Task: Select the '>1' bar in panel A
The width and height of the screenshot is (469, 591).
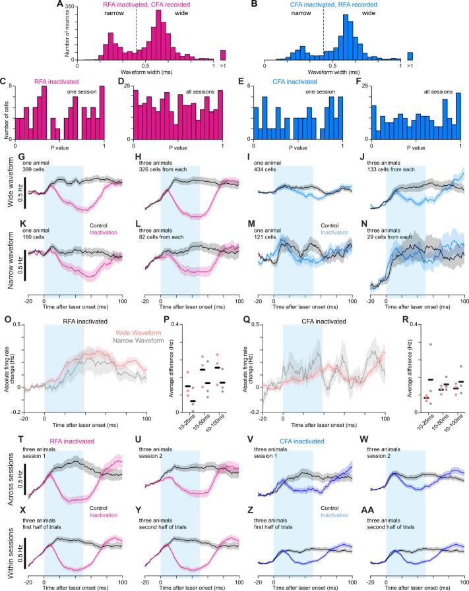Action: (223, 54)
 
